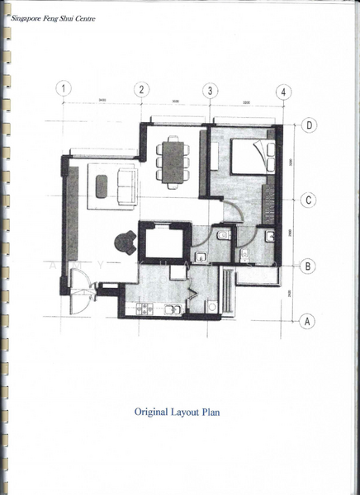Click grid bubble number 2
coord(141,89)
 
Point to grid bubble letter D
coord(309,125)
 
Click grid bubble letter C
coord(308,200)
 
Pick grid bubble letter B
coord(308,266)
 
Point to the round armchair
coord(125,241)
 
